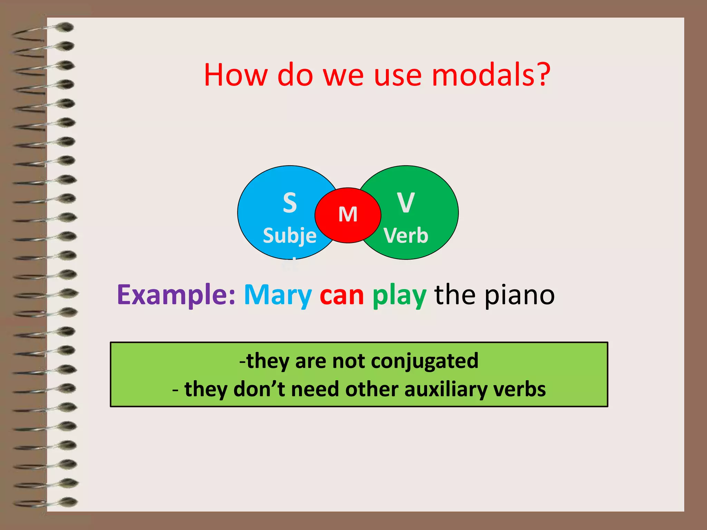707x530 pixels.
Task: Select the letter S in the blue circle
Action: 290,203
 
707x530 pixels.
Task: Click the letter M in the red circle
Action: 348,215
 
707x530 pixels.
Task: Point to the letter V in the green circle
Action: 406,203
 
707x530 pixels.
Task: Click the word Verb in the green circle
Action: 406,236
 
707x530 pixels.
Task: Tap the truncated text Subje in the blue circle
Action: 290,236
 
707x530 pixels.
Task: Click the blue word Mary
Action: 278,295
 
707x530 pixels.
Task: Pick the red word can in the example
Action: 342,295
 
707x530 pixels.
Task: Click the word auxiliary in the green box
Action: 446,390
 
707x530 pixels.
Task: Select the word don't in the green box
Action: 259,390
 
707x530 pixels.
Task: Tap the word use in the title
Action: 398,75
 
